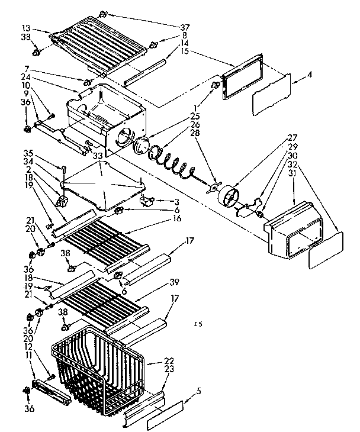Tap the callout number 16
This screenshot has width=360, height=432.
pos(179,218)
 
